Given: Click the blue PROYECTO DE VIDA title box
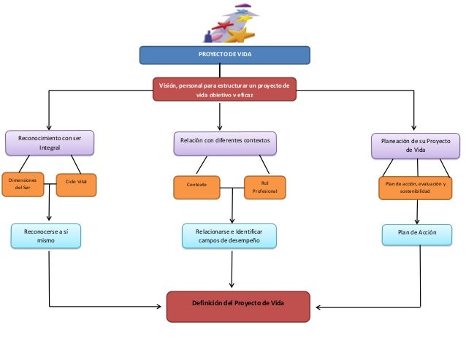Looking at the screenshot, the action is tap(225, 55).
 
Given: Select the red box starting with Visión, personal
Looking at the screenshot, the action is tap(224, 89).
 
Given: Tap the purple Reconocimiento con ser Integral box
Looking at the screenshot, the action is tap(50, 143).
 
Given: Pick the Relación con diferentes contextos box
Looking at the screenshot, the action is tap(225, 143).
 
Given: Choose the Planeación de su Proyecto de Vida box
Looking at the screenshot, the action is tap(416, 146).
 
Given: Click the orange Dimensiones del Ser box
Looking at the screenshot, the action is tap(23, 185).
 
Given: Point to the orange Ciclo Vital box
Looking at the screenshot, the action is tap(77, 185).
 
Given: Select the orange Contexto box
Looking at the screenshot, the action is tap(196, 188).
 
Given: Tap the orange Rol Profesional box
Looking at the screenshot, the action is tap(265, 188).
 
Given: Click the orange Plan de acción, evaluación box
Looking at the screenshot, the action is tap(415, 188).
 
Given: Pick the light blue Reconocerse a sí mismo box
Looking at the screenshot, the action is tap(46, 236).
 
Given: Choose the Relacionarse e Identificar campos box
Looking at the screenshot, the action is tap(229, 236).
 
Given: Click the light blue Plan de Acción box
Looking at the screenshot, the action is tap(417, 235).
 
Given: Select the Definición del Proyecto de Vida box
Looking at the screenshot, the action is tap(238, 307).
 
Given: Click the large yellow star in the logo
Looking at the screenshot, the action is tap(240, 35).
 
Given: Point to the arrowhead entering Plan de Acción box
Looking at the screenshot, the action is tap(417, 221).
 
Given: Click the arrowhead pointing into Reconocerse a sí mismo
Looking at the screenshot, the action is tap(49, 218).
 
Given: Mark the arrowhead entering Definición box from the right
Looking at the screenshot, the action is tap(318, 307).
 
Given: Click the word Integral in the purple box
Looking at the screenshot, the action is tap(50, 148).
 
